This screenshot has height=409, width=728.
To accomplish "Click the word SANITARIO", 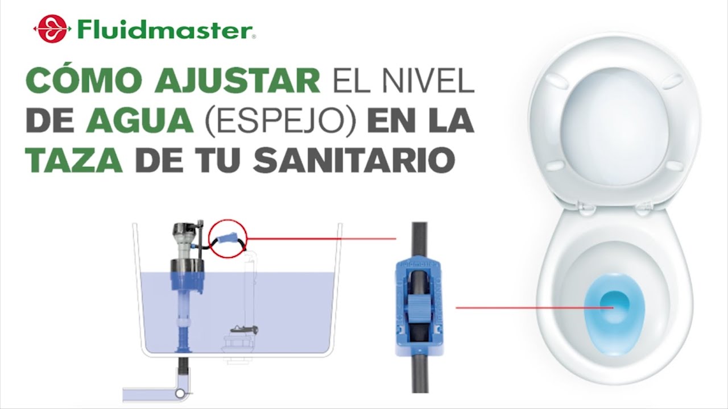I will [353, 161].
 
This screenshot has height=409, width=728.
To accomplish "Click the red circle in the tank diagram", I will [227, 239].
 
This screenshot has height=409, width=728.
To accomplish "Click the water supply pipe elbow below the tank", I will [181, 392].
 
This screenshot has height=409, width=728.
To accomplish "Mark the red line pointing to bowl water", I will [535, 308].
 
